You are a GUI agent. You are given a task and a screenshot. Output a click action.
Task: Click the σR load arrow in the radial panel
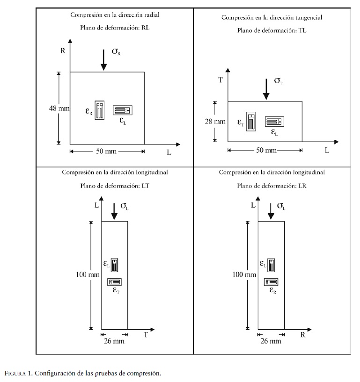point(103,60)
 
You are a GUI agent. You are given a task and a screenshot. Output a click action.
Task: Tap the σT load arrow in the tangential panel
point(266,89)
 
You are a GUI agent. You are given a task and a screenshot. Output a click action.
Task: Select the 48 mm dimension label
point(59,108)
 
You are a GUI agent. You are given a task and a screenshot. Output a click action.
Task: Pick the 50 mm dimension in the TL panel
point(265,150)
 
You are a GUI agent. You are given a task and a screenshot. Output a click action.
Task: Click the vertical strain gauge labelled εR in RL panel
point(99,110)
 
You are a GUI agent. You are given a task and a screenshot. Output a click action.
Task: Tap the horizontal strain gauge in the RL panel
point(123,110)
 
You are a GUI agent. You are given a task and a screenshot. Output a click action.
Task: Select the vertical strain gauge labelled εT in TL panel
point(251,122)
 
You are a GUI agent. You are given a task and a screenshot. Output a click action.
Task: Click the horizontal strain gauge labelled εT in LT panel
point(115,281)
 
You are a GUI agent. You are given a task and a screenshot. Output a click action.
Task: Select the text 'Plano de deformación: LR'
point(272,185)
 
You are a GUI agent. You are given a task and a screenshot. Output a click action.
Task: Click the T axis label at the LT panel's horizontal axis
point(146,334)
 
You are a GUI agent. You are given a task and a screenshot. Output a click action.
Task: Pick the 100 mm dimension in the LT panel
point(88,275)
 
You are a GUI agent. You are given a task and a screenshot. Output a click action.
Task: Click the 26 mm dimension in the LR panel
point(271,341)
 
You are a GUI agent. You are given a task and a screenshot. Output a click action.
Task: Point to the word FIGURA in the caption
point(18,373)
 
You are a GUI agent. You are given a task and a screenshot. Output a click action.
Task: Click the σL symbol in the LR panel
point(280,206)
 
